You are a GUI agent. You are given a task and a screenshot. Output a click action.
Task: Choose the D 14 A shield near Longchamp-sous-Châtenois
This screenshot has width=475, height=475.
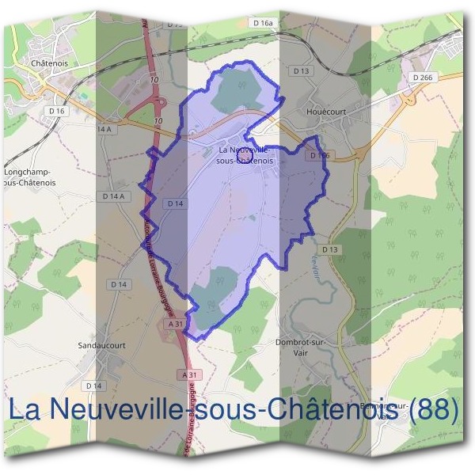(x=113, y=196)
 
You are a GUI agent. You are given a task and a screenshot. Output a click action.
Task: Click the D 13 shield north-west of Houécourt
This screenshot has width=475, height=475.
(x=302, y=71)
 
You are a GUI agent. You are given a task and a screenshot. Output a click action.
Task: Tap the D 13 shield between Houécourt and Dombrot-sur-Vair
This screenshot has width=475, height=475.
(x=331, y=249)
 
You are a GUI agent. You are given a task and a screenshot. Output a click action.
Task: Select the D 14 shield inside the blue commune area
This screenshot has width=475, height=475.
(x=175, y=203)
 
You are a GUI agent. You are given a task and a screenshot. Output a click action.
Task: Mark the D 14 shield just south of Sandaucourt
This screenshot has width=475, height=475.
(x=94, y=386)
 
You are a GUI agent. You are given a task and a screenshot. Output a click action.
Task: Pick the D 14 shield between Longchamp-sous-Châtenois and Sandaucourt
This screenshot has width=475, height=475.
(x=119, y=284)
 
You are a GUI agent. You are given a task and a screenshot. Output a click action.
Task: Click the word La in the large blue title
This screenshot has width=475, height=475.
(x=25, y=409)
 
